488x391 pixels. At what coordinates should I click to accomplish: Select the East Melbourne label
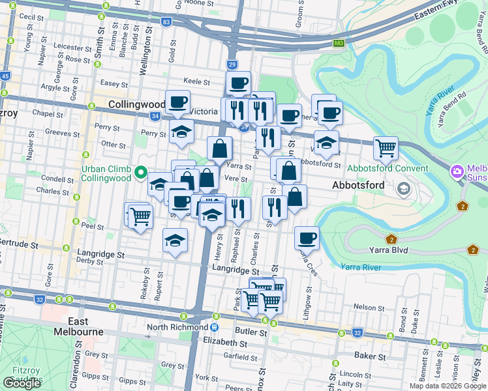click(86, 326)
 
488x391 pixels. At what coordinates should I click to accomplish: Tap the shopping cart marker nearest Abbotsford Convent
click(386, 147)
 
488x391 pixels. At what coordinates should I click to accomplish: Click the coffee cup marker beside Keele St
click(238, 83)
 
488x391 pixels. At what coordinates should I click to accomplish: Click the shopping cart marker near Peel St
click(140, 215)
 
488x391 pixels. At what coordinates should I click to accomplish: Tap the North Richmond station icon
click(214, 327)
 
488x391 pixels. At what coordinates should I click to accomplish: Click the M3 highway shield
click(339, 44)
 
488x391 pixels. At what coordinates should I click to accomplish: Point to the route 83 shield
click(167, 22)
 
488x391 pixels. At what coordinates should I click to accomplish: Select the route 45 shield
click(6, 76)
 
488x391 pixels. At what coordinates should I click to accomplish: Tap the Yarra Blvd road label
click(371, 248)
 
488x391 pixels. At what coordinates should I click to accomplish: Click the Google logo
click(22, 383)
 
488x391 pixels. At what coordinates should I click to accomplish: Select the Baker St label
click(366, 355)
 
